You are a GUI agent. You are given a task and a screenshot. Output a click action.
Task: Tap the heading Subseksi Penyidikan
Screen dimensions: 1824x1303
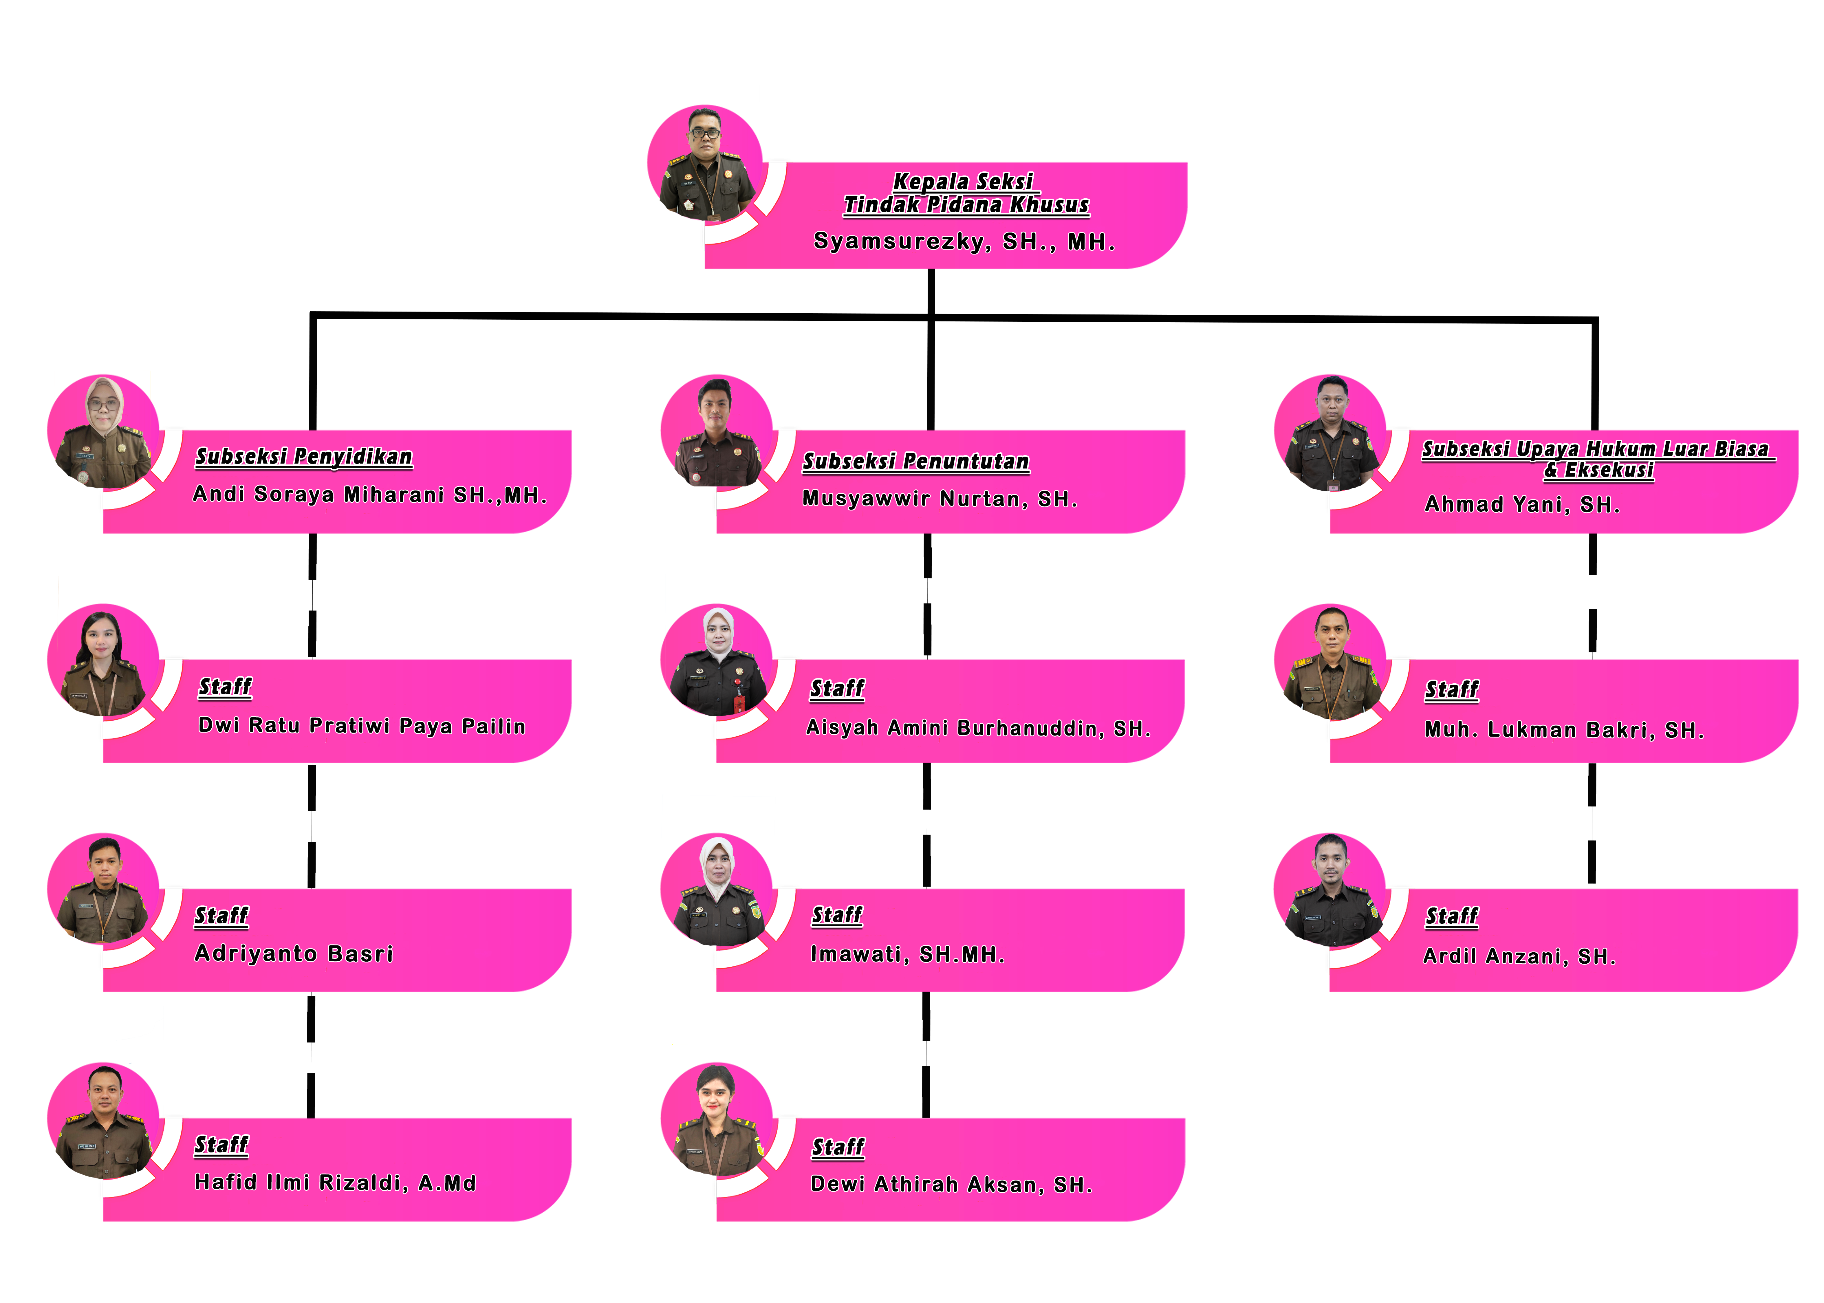coord(304,457)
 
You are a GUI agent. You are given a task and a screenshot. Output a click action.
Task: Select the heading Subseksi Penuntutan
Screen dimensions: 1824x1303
coord(916,461)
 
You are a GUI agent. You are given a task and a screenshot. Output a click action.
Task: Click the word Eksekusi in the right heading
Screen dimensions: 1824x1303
coord(1609,470)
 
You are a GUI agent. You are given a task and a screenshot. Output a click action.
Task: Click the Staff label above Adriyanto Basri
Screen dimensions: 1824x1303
coord(221,916)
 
